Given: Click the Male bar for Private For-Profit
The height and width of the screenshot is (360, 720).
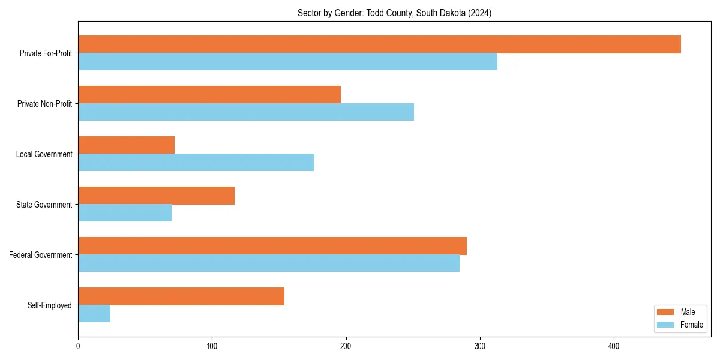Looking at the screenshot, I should pyautogui.click(x=379, y=44).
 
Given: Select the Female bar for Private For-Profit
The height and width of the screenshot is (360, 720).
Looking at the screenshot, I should pyautogui.click(x=287, y=62).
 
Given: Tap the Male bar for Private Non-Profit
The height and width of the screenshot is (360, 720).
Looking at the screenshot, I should pyautogui.click(x=209, y=95).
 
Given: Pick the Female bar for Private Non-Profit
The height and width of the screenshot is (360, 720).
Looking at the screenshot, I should pyautogui.click(x=246, y=112).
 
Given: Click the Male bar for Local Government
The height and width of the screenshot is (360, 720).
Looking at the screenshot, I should pyautogui.click(x=126, y=145).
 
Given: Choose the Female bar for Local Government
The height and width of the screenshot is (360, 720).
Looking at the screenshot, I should pyautogui.click(x=196, y=163).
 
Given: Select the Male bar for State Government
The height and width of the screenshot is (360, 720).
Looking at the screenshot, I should pyautogui.click(x=156, y=196).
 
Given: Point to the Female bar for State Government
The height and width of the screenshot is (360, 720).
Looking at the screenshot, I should pyautogui.click(x=125, y=213).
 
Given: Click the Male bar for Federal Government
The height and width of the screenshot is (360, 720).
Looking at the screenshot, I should pyautogui.click(x=272, y=246).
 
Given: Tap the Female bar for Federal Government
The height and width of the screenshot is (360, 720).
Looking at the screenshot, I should pyautogui.click(x=269, y=263).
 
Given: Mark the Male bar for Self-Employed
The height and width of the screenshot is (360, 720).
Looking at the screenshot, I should pyautogui.click(x=181, y=296).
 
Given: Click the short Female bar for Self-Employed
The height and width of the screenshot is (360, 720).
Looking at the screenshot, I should pyautogui.click(x=94, y=314).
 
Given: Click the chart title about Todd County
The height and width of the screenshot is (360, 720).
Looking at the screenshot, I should pyautogui.click(x=394, y=13).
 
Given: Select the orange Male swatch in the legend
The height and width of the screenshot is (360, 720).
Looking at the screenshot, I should pyautogui.click(x=665, y=312).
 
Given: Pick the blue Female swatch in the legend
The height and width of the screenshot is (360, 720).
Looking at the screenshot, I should pyautogui.click(x=665, y=325).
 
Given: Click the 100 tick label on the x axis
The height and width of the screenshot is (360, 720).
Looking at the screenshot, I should pyautogui.click(x=212, y=346).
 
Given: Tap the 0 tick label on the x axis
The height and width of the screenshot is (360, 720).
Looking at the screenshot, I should pyautogui.click(x=78, y=346).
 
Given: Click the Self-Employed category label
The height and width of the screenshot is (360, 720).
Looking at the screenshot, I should pyautogui.click(x=50, y=305).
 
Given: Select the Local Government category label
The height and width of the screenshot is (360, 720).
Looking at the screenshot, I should pyautogui.click(x=44, y=154).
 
